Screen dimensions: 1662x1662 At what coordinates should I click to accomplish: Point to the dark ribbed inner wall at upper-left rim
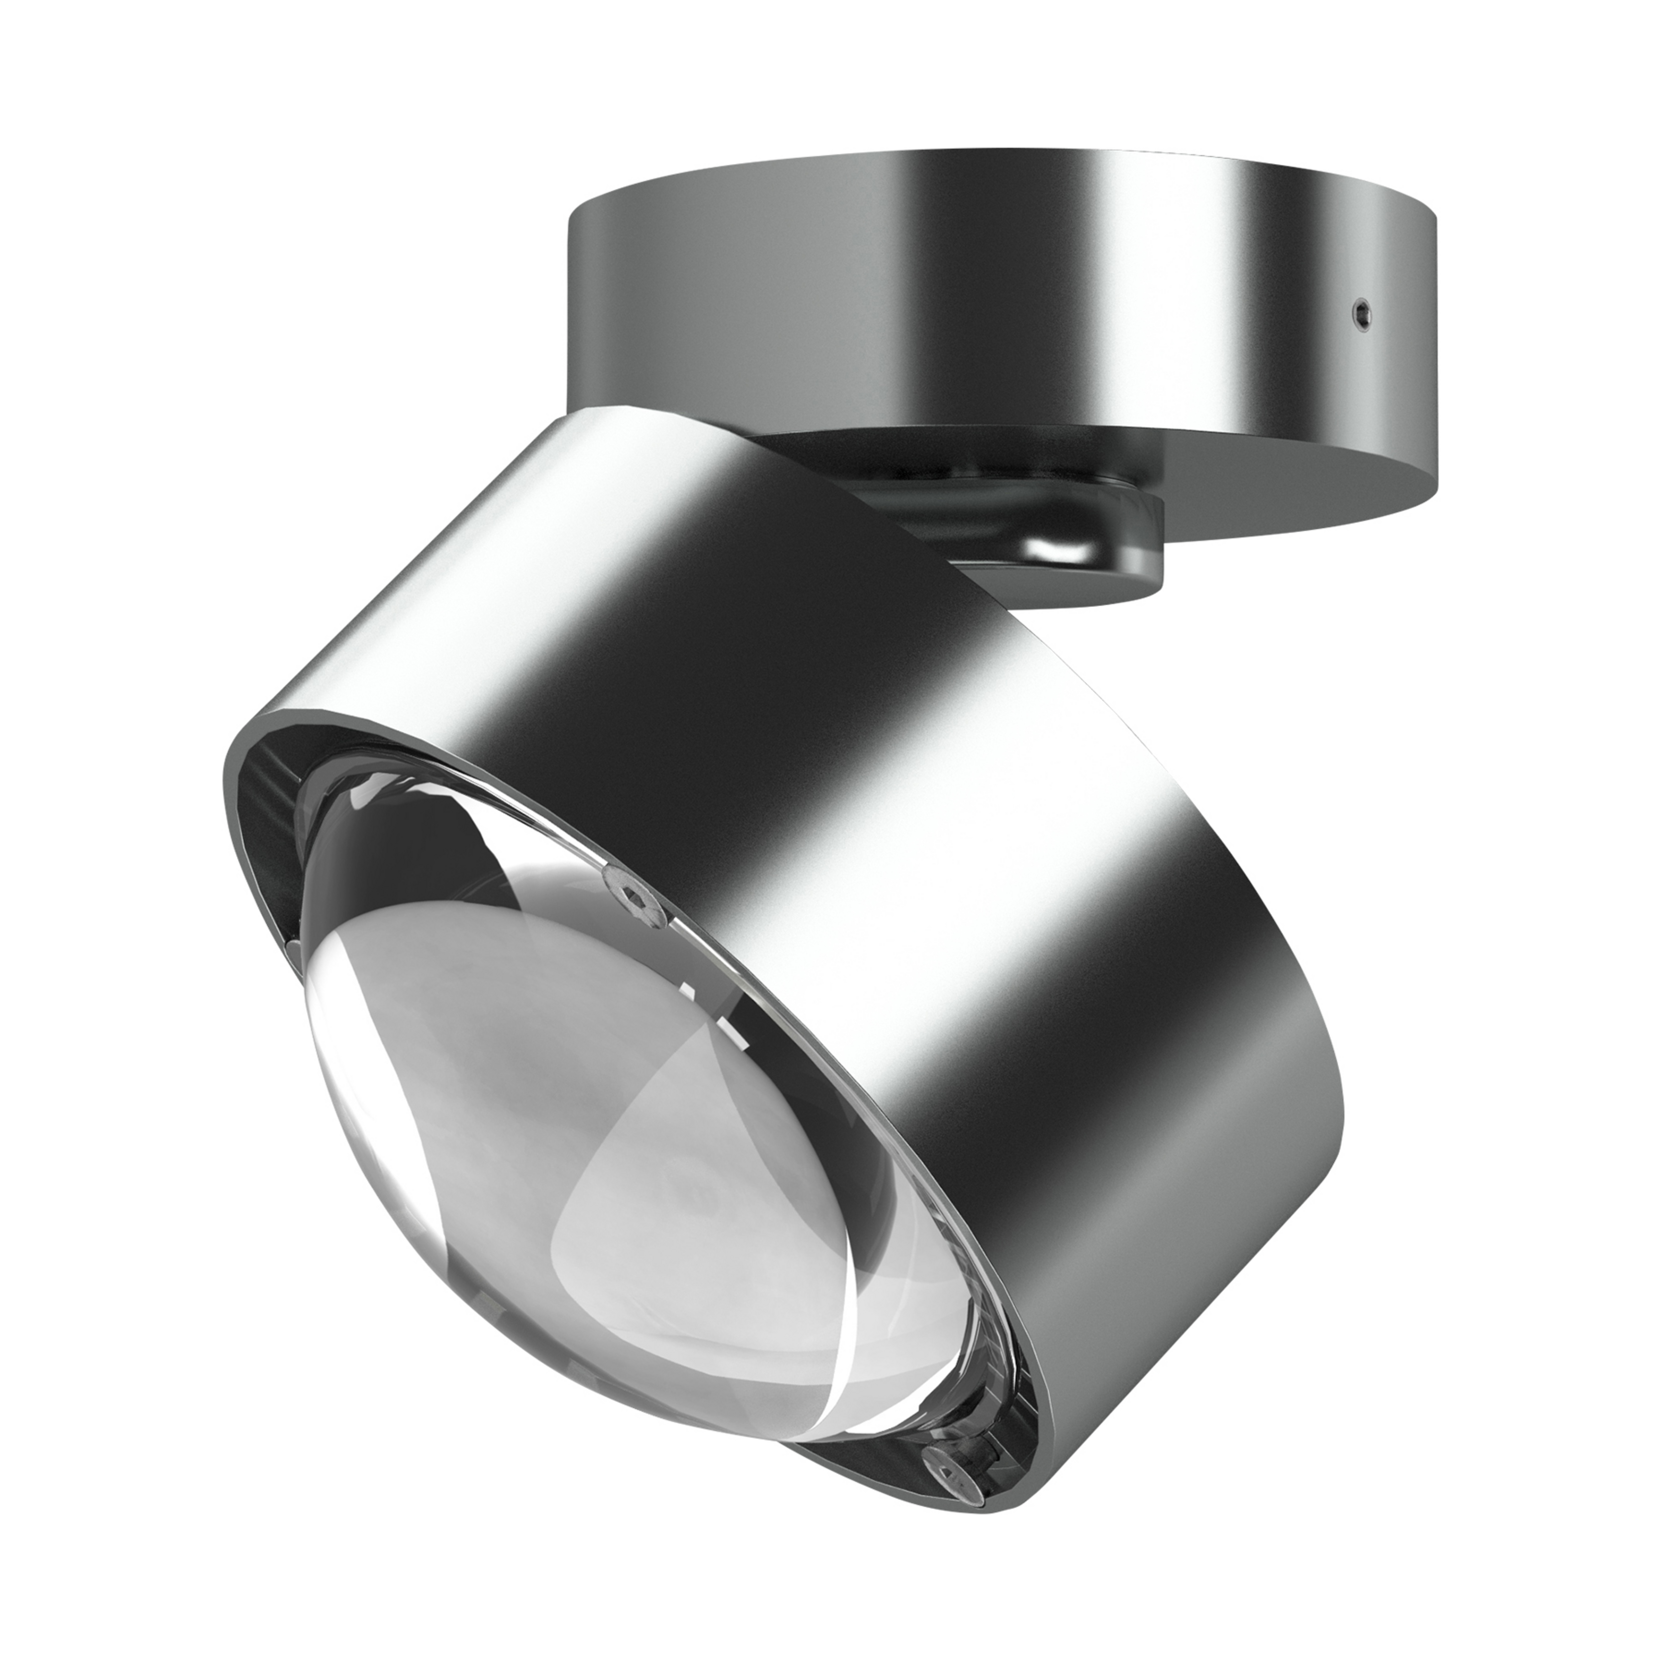pos(275,766)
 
